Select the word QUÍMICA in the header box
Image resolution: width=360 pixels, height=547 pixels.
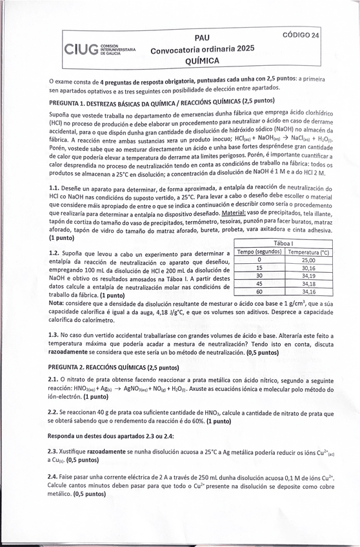tap(202, 60)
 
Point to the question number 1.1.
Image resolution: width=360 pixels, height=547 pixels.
tap(54, 188)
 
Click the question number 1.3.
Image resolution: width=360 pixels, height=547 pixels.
tap(54, 335)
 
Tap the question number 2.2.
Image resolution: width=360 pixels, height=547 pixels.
tap(54, 411)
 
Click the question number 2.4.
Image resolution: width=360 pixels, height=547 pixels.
tap(54, 476)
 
